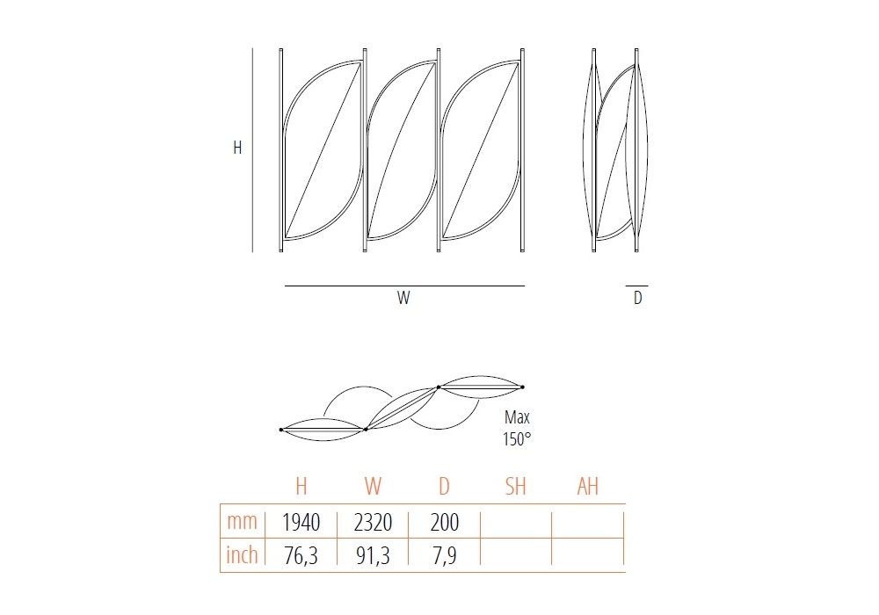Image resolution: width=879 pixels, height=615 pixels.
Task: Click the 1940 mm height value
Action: pyautogui.click(x=301, y=523)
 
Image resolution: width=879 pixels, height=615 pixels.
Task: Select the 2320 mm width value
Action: pyautogui.click(x=373, y=523)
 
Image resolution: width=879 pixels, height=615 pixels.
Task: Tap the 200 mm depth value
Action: pyautogui.click(x=445, y=523)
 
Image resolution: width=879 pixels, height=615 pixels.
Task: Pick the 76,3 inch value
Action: pyautogui.click(x=301, y=555)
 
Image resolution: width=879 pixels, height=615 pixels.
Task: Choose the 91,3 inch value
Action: pyautogui.click(x=373, y=555)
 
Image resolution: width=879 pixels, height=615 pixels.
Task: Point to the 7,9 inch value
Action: pyautogui.click(x=445, y=555)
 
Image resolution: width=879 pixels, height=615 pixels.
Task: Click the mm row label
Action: pyautogui.click(x=242, y=522)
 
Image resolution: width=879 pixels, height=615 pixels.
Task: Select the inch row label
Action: pyautogui.click(x=242, y=554)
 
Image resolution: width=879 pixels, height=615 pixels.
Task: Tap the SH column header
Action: pyautogui.click(x=516, y=486)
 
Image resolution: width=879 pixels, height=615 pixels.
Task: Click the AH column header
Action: pyautogui.click(x=587, y=486)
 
